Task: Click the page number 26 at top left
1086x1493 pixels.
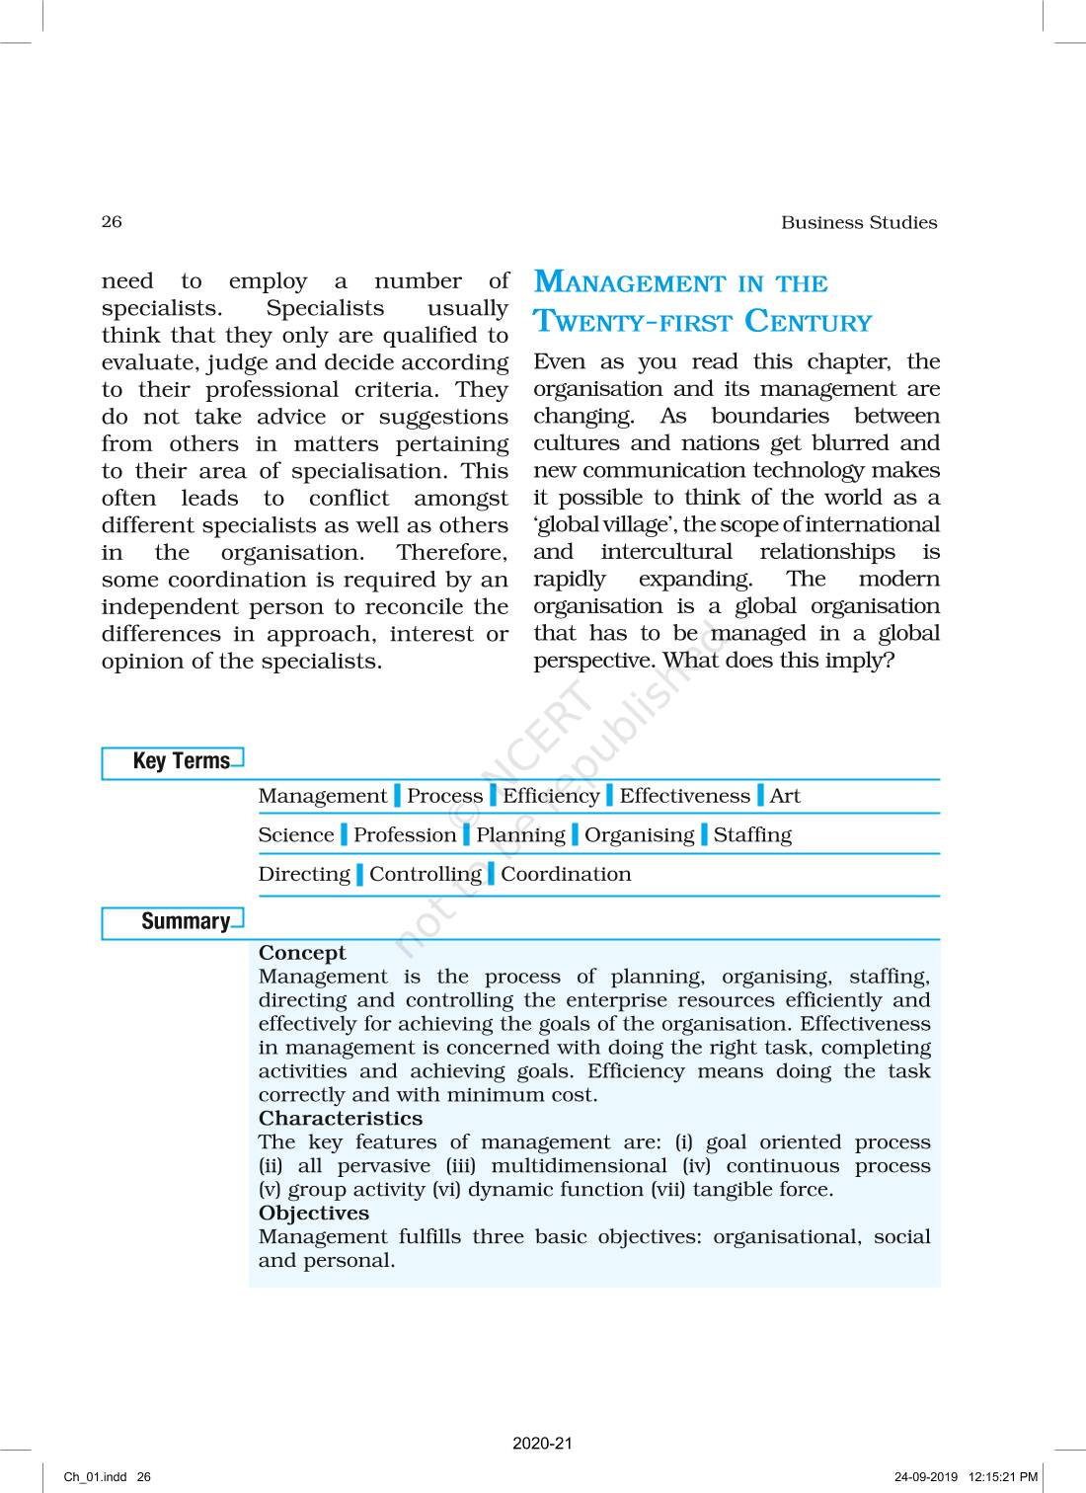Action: point(112,221)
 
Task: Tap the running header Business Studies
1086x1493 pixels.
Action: point(858,223)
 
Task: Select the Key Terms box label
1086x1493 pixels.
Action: point(181,761)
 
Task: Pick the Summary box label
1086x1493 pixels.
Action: point(185,921)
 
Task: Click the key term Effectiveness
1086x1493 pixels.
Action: point(684,796)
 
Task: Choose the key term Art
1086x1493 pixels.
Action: point(785,796)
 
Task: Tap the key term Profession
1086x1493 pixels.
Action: point(405,835)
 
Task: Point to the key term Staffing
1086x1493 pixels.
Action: point(752,835)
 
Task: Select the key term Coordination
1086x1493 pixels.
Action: point(566,874)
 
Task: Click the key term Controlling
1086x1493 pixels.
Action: point(425,875)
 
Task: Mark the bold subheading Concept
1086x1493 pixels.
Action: point(302,953)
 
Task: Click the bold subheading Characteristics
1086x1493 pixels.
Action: point(340,1119)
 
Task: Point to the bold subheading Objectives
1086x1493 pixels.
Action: point(313,1214)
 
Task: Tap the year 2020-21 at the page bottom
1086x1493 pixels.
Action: point(542,1444)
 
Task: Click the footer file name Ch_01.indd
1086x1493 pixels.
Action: point(95,1477)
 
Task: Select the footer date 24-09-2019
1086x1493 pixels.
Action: point(925,1477)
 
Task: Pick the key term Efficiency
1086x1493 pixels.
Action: point(550,796)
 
